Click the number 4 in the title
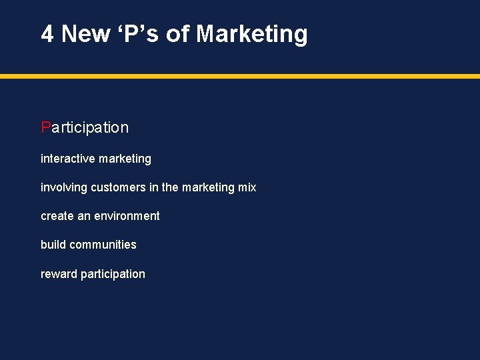[47, 33]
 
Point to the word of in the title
[178, 33]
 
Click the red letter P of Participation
[45, 127]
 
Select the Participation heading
[85, 127]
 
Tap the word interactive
[67, 159]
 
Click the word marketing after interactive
[125, 159]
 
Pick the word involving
[63, 187]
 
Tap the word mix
[247, 187]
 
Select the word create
[56, 216]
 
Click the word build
[53, 245]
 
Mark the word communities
[103, 245]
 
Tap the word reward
[59, 274]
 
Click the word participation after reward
[113, 274]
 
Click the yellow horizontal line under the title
[240, 76]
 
